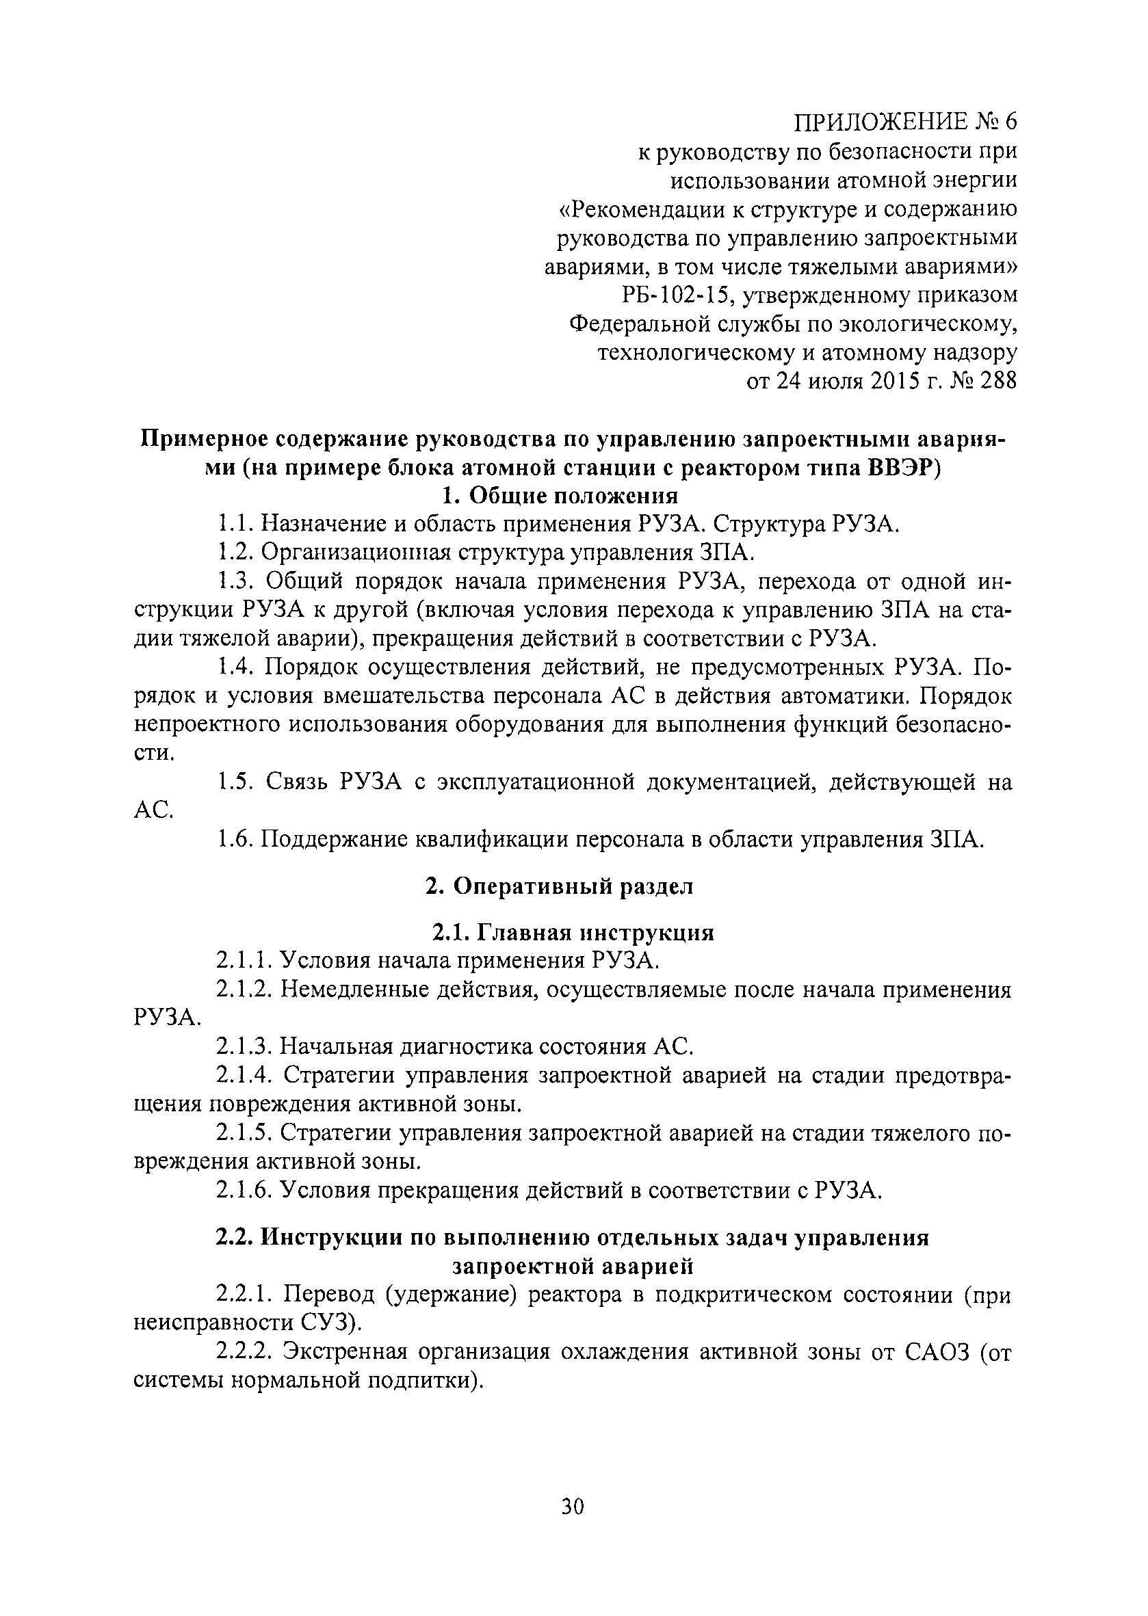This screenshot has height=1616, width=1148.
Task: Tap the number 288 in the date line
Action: pos(997,382)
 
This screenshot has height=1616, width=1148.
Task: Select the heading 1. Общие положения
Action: pos(560,495)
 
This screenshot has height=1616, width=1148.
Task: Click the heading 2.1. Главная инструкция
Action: pos(573,933)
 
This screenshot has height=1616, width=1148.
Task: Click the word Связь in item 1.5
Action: pos(296,782)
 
